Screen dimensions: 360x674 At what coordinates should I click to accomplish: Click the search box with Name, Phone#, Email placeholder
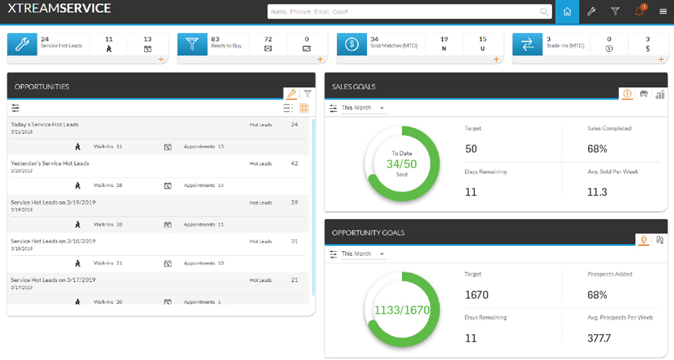coord(406,11)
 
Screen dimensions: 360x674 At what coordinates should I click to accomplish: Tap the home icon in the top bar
coord(567,11)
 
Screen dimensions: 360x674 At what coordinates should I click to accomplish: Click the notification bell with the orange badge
coord(639,11)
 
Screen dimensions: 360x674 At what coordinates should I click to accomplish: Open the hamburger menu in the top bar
coord(663,11)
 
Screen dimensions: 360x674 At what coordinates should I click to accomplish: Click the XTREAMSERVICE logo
coord(60,9)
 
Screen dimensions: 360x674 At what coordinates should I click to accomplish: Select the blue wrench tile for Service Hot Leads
coord(22,44)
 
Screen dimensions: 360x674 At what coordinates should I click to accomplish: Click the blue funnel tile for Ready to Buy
coord(192,44)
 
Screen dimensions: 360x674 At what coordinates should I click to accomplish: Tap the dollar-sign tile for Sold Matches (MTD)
coord(352,44)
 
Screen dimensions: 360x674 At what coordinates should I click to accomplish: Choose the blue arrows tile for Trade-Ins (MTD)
coord(528,44)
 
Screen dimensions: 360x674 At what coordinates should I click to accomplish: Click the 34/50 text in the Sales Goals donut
coord(401,164)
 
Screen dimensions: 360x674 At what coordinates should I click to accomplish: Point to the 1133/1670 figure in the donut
coord(401,310)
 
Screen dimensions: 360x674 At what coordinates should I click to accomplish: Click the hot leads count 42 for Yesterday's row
coord(294,163)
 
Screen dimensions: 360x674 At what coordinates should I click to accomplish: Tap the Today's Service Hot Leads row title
coord(44,124)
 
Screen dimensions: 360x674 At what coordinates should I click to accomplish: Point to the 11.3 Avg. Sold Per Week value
coord(597,192)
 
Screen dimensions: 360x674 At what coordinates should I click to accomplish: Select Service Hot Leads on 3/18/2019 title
coord(53,241)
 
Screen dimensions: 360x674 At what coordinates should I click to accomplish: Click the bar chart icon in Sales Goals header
coord(660,94)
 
